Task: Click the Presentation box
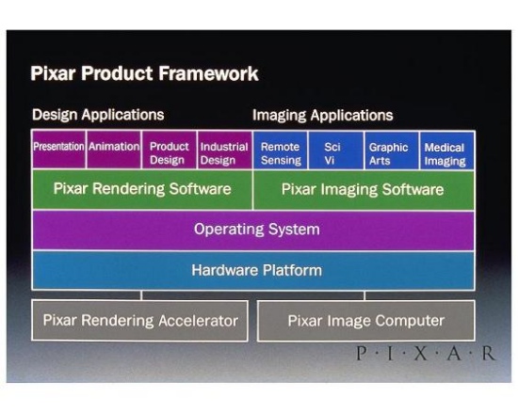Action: click(x=58, y=150)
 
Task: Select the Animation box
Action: click(x=114, y=150)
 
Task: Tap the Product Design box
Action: click(x=170, y=151)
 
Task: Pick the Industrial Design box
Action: click(x=225, y=151)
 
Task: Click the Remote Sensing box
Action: click(x=281, y=151)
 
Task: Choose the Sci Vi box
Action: click(x=336, y=151)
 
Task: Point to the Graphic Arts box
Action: click(x=392, y=151)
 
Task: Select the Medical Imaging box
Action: click(x=447, y=151)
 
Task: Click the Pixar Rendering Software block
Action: click(x=142, y=189)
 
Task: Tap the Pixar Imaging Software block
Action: click(x=364, y=190)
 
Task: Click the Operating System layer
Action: click(x=253, y=230)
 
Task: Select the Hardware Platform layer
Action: click(x=253, y=271)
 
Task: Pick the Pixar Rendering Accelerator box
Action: click(x=139, y=320)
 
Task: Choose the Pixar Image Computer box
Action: click(x=366, y=321)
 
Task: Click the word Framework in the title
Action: click(x=208, y=73)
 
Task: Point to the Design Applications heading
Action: click(x=98, y=115)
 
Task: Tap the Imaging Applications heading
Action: click(x=323, y=116)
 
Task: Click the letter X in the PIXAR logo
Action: click(x=421, y=354)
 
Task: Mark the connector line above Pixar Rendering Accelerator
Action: click(x=141, y=295)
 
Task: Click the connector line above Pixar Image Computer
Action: click(x=364, y=295)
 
